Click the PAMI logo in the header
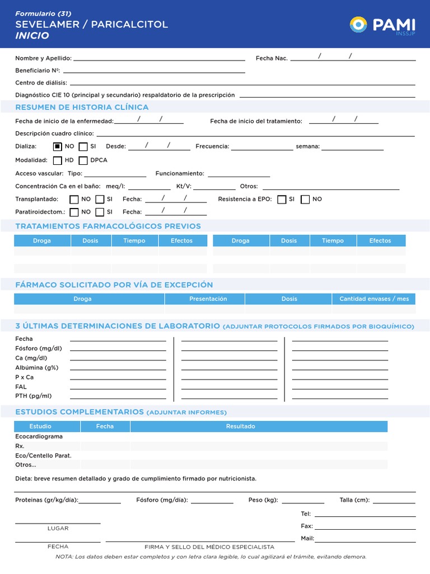pos(382,25)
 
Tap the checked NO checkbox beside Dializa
pos(57,147)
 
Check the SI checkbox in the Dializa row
pos(83,147)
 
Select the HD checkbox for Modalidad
pos(57,160)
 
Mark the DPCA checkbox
pos(83,160)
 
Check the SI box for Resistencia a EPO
pos(282,200)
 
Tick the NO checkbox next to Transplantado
pos(74,200)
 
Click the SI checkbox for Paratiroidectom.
pos(100,212)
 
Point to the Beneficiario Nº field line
pos(154,71)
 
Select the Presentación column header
pos(208,299)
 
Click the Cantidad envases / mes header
pos(374,299)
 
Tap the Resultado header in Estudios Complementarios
pos(240,427)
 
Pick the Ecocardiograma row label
pos(39,437)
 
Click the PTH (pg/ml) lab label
pos(33,396)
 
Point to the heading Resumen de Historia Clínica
pos(82,107)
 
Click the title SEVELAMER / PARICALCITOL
pos(91,24)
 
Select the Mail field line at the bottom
pos(366,540)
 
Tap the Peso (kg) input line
pos(303,502)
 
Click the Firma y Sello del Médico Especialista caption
pos(209,547)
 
